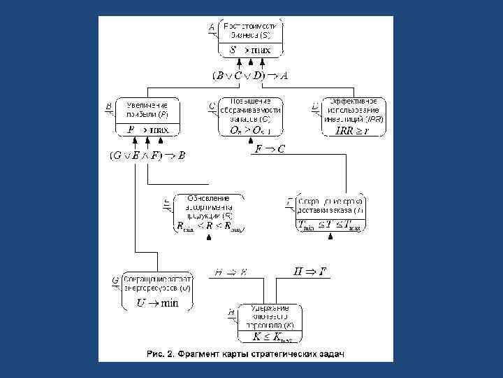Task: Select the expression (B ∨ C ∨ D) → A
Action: pos(250,75)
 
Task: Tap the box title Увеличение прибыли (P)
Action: pos(148,109)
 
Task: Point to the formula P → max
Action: pos(147,130)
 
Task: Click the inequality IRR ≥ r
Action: pos(353,131)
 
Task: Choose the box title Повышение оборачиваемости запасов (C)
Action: pos(250,110)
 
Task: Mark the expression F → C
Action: pos(270,149)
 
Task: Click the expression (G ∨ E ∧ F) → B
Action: pos(147,155)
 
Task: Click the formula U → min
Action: pos(158,303)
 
